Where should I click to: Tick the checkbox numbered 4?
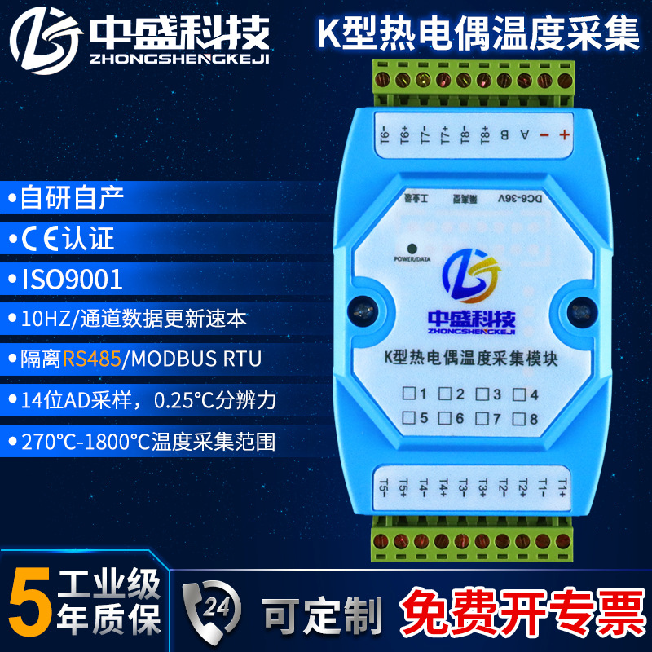[519, 395]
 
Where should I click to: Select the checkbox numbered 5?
[407, 420]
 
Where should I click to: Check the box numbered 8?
[519, 420]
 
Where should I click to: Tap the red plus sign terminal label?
[563, 135]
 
